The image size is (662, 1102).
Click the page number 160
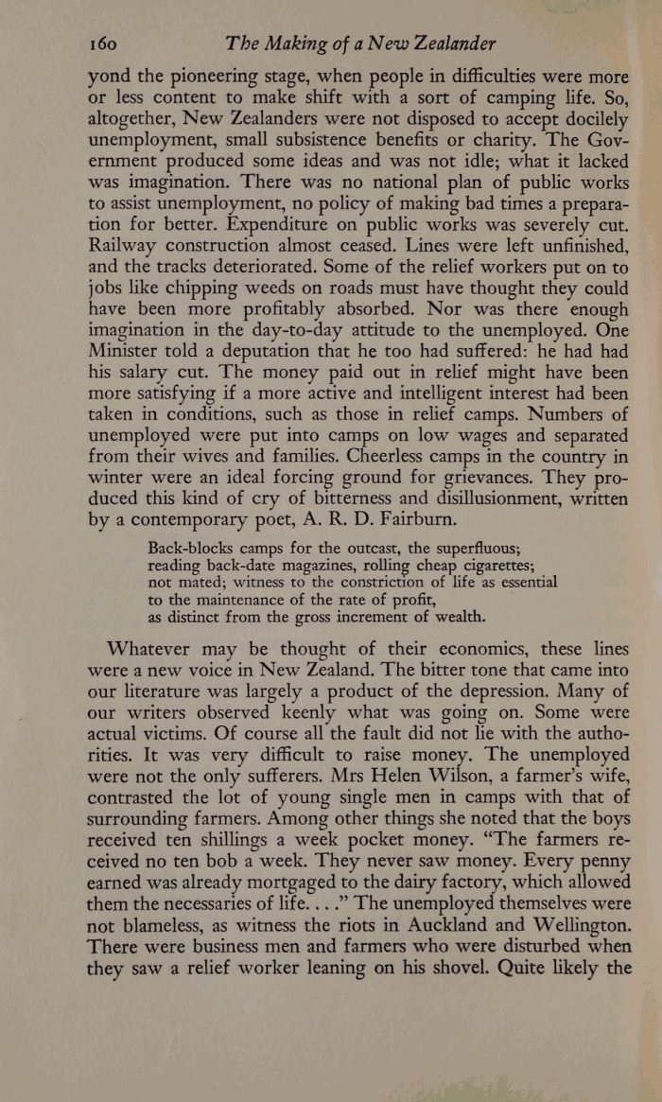(x=101, y=44)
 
